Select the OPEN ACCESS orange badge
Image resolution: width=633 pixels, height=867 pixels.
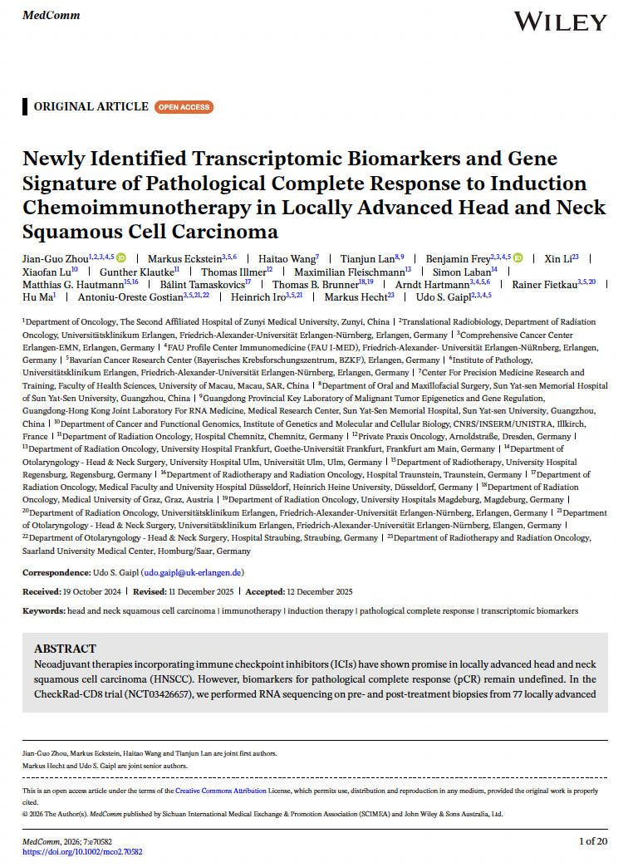pos(184,107)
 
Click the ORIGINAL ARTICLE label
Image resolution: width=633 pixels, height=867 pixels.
pos(89,107)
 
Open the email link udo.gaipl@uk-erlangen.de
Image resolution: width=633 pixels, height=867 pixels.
pos(193,572)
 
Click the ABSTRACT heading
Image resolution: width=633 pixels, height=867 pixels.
pos(65,649)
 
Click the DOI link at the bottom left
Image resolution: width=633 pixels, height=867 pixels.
pos(81,851)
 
